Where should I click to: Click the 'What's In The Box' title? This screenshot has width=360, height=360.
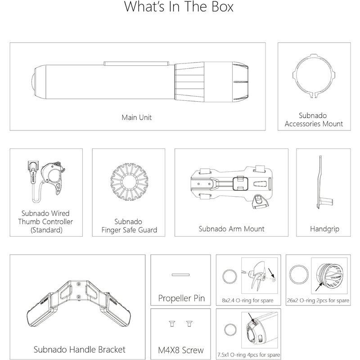(x=179, y=7)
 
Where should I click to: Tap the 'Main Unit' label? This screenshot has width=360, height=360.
(x=137, y=117)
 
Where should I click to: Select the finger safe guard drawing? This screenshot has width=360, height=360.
(x=129, y=182)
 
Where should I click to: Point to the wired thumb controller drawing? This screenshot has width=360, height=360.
(x=46, y=181)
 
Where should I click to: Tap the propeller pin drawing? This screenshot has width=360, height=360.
(x=181, y=275)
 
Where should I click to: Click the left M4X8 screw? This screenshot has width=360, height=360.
(x=172, y=324)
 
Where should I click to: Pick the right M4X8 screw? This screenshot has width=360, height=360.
(x=189, y=324)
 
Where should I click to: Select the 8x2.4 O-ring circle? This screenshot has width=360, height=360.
(x=223, y=277)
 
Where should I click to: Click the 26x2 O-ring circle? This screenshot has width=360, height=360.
(x=290, y=274)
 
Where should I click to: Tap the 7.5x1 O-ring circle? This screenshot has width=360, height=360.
(x=225, y=330)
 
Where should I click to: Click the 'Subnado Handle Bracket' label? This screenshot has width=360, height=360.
(x=80, y=350)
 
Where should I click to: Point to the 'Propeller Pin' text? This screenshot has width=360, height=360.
(x=181, y=298)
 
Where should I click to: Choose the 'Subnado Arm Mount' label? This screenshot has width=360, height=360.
(x=231, y=229)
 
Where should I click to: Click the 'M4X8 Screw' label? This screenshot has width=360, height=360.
(x=181, y=350)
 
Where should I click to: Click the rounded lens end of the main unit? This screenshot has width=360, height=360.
(x=32, y=82)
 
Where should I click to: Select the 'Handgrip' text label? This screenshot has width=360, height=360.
(x=324, y=229)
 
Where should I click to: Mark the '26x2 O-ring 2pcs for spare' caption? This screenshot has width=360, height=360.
(x=318, y=300)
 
